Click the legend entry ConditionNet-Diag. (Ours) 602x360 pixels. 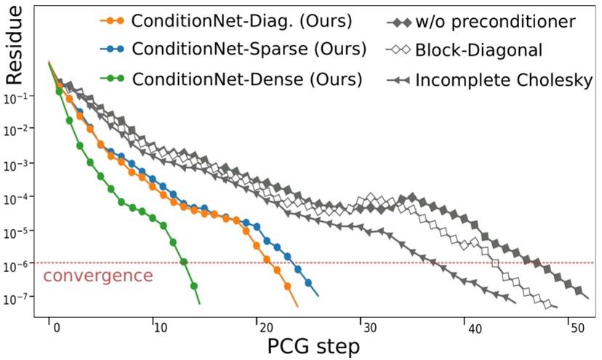pos(241,21)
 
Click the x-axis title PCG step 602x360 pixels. pos(312,347)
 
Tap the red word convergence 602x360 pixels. pos(98,276)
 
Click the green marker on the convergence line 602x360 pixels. pos(184,262)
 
